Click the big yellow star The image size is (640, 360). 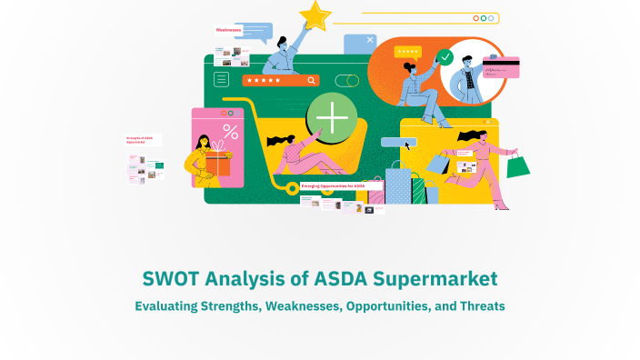click(x=315, y=15)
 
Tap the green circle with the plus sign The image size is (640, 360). click(x=331, y=119)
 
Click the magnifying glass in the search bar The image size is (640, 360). click(x=312, y=80)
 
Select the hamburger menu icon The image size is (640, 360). click(x=221, y=79)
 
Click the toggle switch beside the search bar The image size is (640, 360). click(x=346, y=80)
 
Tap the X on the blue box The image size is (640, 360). click(x=371, y=40)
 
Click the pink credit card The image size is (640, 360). click(x=501, y=66)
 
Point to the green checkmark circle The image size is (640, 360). click(x=445, y=57)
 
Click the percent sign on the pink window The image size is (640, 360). click(x=231, y=131)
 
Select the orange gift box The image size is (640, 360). click(x=217, y=165)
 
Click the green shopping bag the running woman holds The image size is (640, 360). click(x=517, y=165)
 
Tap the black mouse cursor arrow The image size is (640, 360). click(x=408, y=144)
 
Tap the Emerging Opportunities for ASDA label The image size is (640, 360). click(x=333, y=185)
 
